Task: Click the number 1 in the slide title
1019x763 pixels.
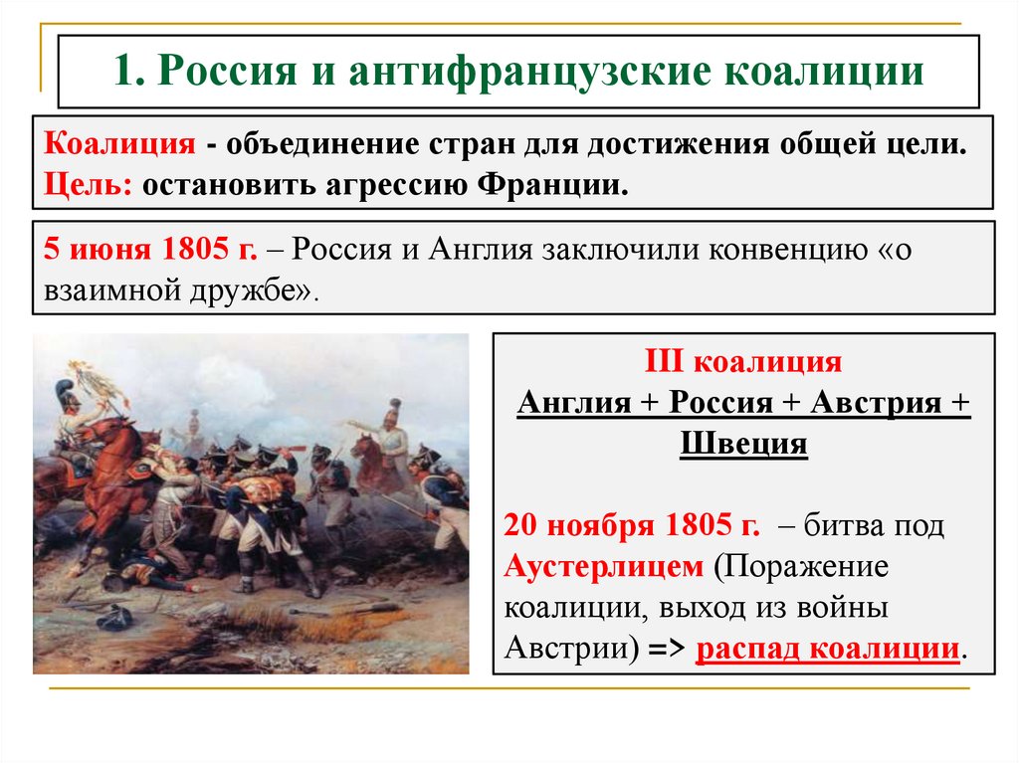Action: point(123,73)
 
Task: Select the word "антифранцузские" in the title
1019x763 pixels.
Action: point(527,73)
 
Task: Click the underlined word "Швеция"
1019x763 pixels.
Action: point(744,443)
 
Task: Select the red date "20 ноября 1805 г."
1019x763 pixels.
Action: point(632,524)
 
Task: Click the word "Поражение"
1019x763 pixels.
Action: point(803,566)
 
